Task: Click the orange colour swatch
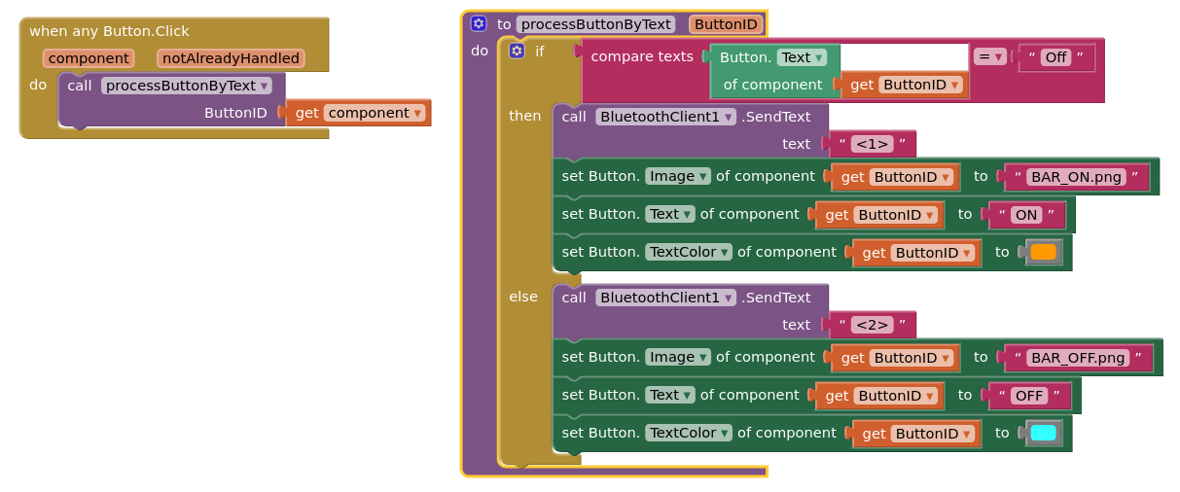[1043, 253]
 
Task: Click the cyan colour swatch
[1043, 433]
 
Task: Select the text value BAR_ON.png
[1076, 177]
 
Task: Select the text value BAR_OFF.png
[1078, 358]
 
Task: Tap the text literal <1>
[872, 144]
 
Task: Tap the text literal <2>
[872, 325]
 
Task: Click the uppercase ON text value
[1026, 215]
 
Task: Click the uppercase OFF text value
[1029, 396]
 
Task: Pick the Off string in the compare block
[1055, 57]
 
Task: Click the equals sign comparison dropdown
[990, 57]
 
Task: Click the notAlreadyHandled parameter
[231, 58]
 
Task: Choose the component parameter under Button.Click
[89, 58]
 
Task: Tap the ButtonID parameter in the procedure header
[726, 24]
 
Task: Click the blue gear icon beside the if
[517, 51]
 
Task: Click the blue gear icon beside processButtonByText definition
[478, 23]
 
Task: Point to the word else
[523, 297]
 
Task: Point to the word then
[524, 116]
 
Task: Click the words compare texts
[641, 56]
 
